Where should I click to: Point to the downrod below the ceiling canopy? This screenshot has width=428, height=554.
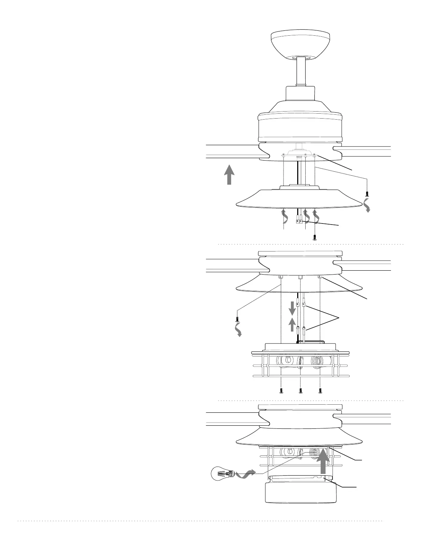click(301, 71)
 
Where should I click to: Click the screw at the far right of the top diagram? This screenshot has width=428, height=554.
click(367, 193)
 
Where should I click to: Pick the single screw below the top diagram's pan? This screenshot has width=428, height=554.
click(314, 237)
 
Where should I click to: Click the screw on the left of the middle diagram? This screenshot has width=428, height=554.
click(237, 319)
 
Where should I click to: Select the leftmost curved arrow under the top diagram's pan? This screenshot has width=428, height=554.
click(285, 216)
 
